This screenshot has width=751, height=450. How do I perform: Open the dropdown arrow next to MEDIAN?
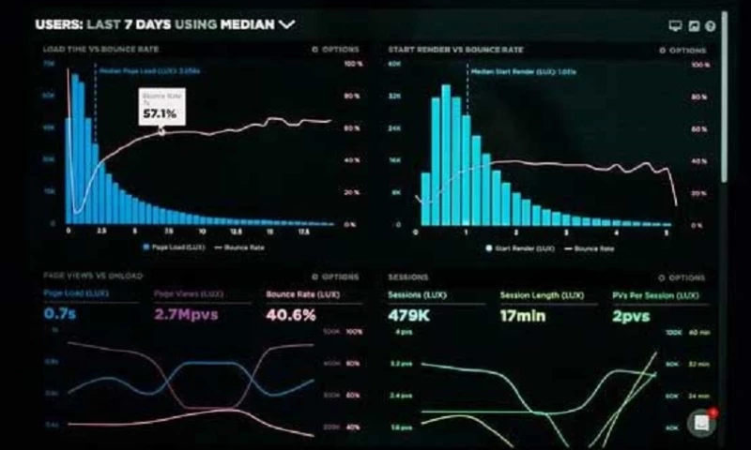(287, 24)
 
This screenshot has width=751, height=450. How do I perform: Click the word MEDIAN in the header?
(247, 24)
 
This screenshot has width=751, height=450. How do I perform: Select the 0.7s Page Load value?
(60, 314)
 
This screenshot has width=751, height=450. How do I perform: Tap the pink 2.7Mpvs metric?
(185, 314)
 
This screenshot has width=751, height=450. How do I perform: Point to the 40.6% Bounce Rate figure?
(290, 314)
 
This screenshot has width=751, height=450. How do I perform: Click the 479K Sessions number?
(409, 315)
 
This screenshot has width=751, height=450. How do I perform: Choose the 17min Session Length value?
(524, 315)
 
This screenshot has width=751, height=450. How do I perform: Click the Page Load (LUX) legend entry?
(173, 247)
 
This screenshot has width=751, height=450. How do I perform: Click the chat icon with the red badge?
(701, 423)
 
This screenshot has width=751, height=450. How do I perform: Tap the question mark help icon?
(711, 26)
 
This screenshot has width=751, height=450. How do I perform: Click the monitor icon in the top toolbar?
(674, 26)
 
